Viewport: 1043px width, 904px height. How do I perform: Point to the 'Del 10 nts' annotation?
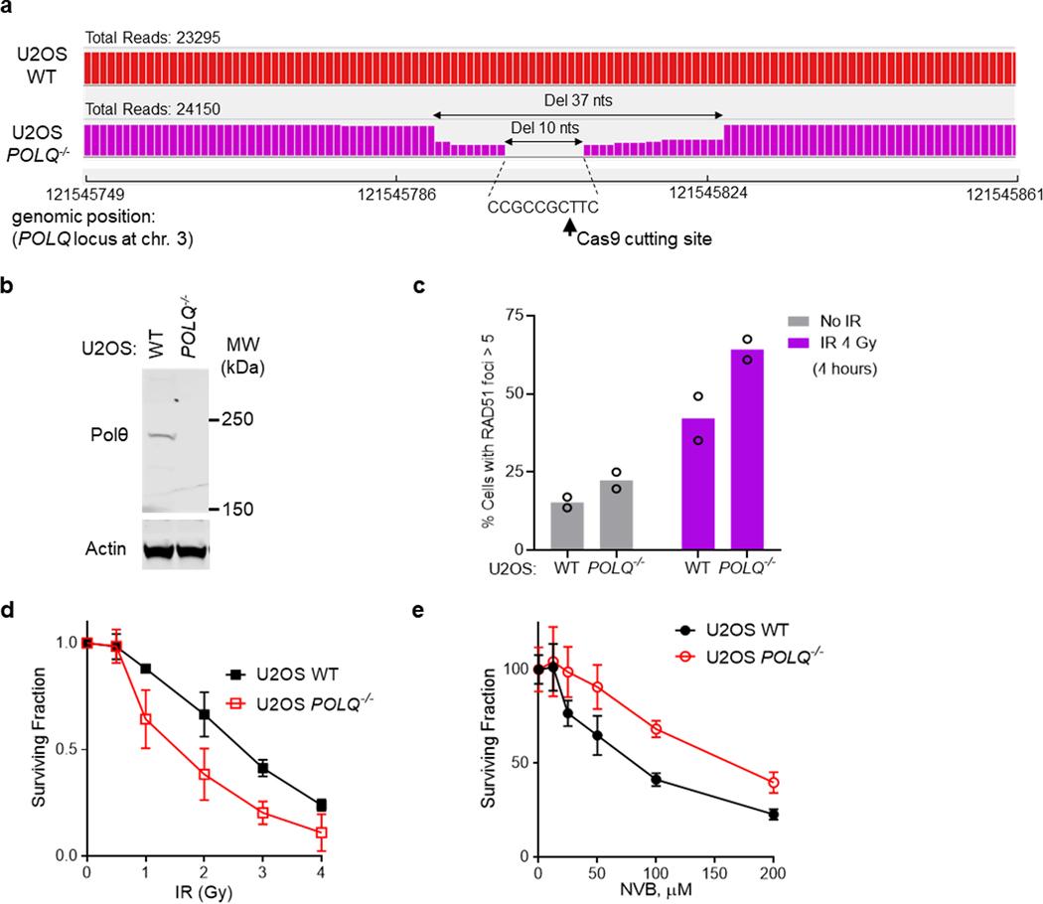545,128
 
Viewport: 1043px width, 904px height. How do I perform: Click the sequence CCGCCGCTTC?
543,209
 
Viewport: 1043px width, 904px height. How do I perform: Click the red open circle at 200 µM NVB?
773,783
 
